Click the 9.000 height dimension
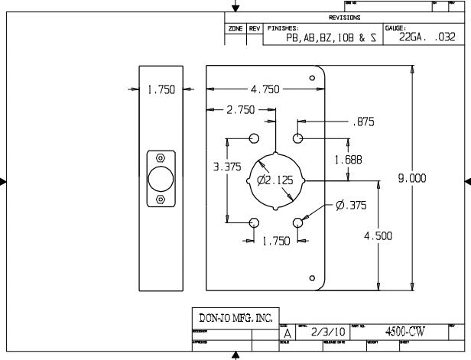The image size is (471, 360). [412, 177]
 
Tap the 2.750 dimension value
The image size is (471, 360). [241, 111]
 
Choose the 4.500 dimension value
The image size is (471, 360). [378, 236]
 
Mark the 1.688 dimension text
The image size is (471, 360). [348, 159]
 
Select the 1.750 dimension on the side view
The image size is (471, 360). [161, 89]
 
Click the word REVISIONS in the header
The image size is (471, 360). [344, 17]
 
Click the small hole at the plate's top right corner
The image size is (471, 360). [312, 78]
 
